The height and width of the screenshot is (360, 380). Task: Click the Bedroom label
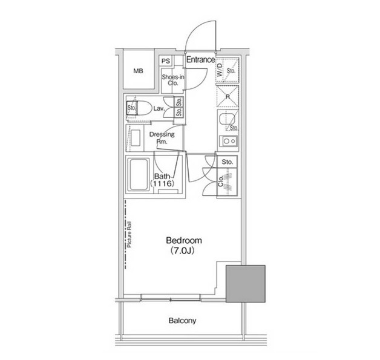[x=184, y=241]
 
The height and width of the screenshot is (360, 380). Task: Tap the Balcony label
[x=182, y=321]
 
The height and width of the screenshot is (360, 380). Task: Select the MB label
[x=138, y=71]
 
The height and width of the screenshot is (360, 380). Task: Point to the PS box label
[x=166, y=61]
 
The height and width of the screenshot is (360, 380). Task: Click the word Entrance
[x=200, y=59]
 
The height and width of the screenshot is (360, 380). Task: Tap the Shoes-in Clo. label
[x=173, y=80]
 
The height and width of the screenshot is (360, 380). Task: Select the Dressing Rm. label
[x=162, y=137]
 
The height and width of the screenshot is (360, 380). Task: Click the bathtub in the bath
[x=139, y=174]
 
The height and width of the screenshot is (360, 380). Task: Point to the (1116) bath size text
[x=162, y=183]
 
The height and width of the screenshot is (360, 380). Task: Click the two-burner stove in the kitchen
[x=229, y=141]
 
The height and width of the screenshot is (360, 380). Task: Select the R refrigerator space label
[x=228, y=97]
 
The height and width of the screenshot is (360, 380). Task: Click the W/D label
[x=219, y=70]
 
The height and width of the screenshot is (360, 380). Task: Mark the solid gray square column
[x=246, y=284]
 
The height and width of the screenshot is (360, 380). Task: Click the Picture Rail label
[x=129, y=235]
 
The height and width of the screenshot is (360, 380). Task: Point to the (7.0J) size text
[x=183, y=250]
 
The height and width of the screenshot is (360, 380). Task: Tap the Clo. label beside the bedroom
[x=220, y=182]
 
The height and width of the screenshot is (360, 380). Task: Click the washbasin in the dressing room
[x=136, y=138]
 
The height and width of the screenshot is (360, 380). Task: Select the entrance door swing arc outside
[x=194, y=28]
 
